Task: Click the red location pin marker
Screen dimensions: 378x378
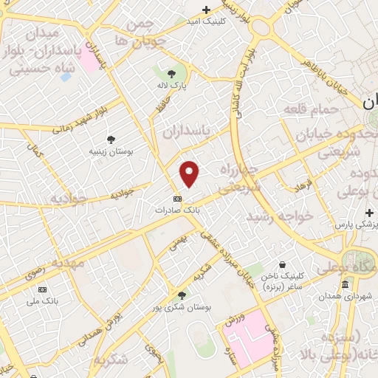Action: point(190,173)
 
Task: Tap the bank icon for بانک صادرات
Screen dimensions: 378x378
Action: point(177,199)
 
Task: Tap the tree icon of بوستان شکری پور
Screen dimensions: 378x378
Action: point(182,295)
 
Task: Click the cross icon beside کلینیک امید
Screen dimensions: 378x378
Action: point(207,10)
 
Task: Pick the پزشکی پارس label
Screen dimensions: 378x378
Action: point(355,224)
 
